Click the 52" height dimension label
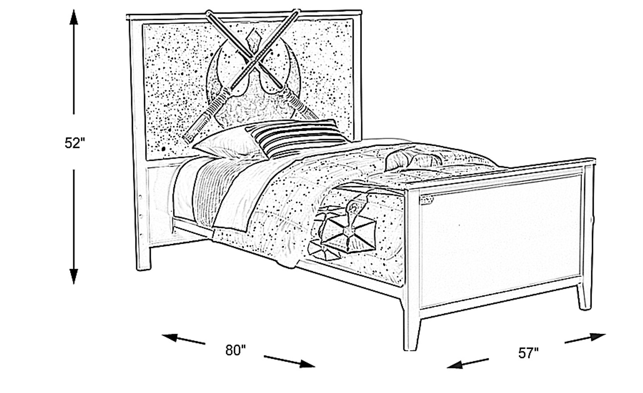tap(75, 143)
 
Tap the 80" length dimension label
tap(236, 350)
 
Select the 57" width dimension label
tap(529, 353)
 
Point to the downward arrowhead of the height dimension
tap(74, 276)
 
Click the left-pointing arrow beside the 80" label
tap(184, 339)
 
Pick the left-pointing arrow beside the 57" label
tap(468, 364)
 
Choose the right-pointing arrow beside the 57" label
tap(585, 338)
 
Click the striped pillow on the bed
tap(296, 138)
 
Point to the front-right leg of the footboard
tap(585, 297)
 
